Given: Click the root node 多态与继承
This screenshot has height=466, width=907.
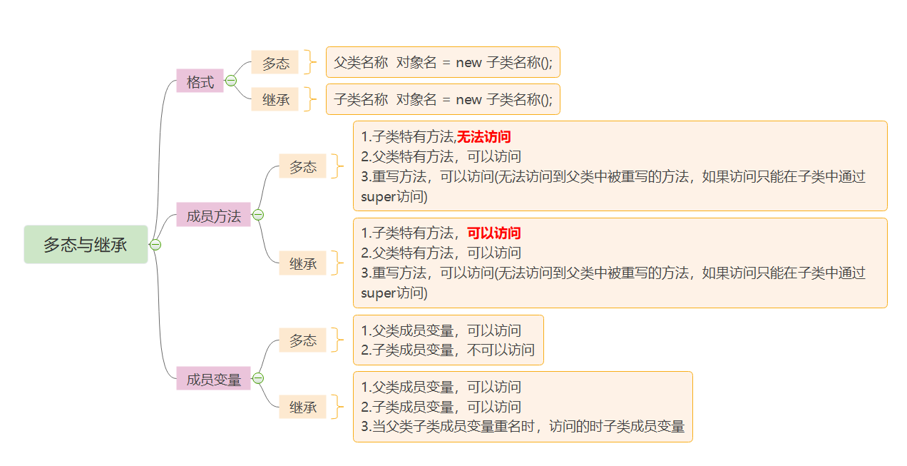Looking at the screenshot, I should coord(86,245).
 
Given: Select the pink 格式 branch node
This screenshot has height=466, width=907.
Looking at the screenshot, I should coord(200,81).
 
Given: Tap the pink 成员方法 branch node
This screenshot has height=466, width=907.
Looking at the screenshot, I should coord(213,215).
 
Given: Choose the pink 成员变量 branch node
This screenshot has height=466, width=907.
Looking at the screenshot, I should coord(213,379).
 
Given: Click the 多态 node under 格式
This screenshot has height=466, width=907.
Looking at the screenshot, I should coord(275,63).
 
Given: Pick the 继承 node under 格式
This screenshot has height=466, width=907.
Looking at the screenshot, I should coord(275,100).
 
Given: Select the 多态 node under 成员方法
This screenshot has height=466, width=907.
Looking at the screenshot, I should coord(302,166).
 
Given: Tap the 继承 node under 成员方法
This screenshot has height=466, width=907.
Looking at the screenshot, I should coord(302,263).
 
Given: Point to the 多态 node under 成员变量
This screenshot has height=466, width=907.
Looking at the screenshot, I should coord(302,340).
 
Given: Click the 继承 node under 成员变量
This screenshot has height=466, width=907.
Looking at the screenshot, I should coord(302,407).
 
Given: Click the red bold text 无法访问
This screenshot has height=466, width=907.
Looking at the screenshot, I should coord(484,136).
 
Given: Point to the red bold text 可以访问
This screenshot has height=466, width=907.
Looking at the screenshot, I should coord(493,233).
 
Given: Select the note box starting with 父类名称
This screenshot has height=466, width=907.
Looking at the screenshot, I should coord(443,62).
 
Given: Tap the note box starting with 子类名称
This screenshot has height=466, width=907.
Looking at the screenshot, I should coord(443,99).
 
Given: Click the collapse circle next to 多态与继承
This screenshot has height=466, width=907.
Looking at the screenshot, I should coord(155,245).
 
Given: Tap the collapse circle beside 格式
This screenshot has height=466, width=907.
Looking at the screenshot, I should coord(231,81).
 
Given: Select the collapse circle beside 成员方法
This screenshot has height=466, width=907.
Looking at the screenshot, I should coord(258,215).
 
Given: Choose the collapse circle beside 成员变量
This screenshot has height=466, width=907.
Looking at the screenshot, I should coord(258,378).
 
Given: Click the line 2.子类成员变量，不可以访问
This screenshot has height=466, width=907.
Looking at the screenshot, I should coord(448,350).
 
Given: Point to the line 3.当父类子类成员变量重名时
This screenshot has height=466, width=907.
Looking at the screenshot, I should coord(523,427).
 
